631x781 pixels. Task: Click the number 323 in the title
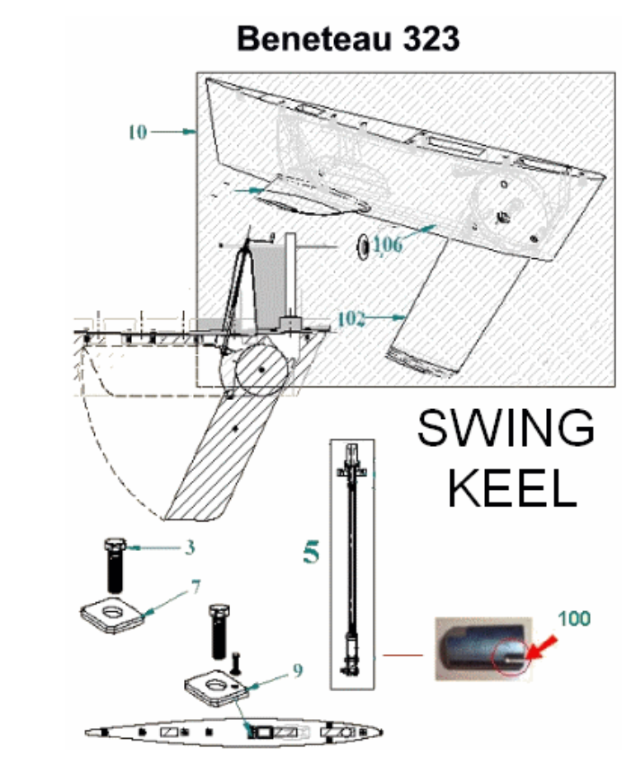(x=431, y=39)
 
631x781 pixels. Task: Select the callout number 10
(x=138, y=133)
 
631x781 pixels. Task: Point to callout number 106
(x=388, y=245)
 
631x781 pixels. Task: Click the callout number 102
(x=351, y=319)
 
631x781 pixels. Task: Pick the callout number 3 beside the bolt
(x=190, y=548)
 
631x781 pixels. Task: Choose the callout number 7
(x=195, y=587)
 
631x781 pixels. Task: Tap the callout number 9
(x=298, y=670)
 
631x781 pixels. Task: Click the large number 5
(x=311, y=552)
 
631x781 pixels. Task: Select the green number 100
(x=574, y=619)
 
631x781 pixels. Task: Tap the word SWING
(x=506, y=428)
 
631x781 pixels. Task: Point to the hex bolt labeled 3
(x=115, y=565)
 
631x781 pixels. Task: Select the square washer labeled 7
(x=114, y=614)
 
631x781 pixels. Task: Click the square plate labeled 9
(x=216, y=687)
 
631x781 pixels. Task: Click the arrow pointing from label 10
(x=173, y=132)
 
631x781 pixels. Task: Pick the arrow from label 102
(x=387, y=318)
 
